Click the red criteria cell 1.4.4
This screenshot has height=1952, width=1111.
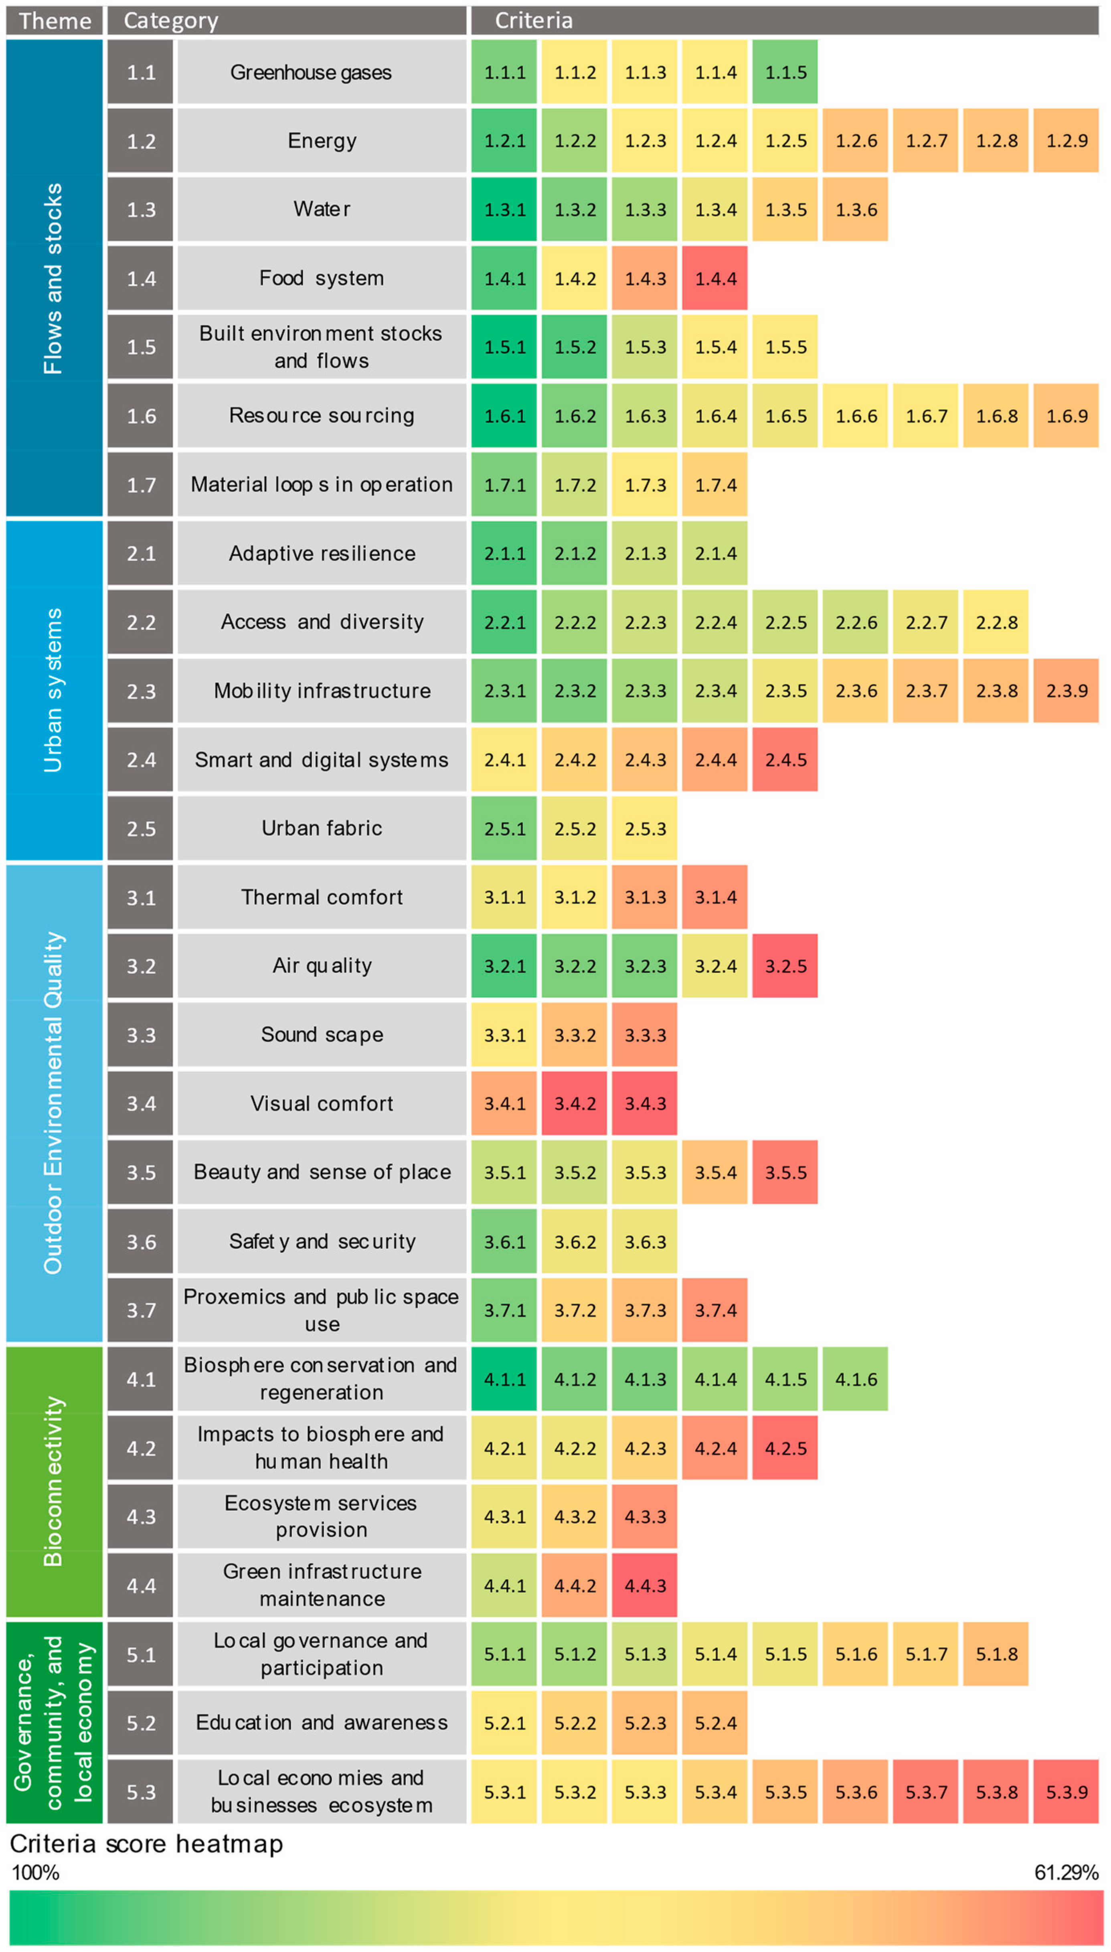pos(715,278)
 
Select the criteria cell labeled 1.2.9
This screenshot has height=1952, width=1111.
pos(1066,140)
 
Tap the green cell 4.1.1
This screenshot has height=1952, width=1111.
pos(504,1379)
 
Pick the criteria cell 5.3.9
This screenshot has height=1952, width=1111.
pos(1066,1791)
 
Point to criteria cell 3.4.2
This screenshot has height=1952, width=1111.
pos(575,1103)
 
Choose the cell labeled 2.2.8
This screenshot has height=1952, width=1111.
pos(996,622)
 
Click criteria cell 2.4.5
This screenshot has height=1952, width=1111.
pos(785,759)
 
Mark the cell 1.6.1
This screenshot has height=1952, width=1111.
pos(504,416)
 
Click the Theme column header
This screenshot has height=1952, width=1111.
pos(54,20)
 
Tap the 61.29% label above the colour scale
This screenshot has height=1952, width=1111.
pos(1065,1872)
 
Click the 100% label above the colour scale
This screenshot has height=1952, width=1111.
pos(35,1872)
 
